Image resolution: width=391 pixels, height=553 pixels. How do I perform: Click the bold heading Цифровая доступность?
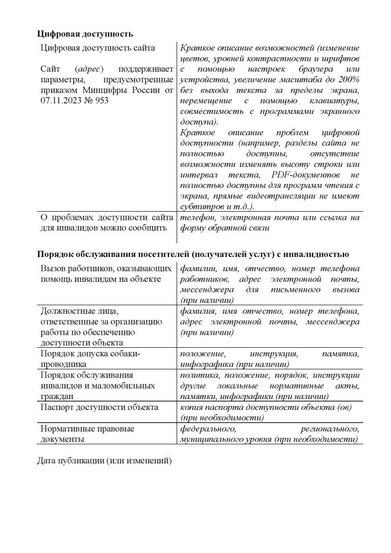pyautogui.click(x=84, y=34)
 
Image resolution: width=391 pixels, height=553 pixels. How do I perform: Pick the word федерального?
pyautogui.click(x=208, y=428)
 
